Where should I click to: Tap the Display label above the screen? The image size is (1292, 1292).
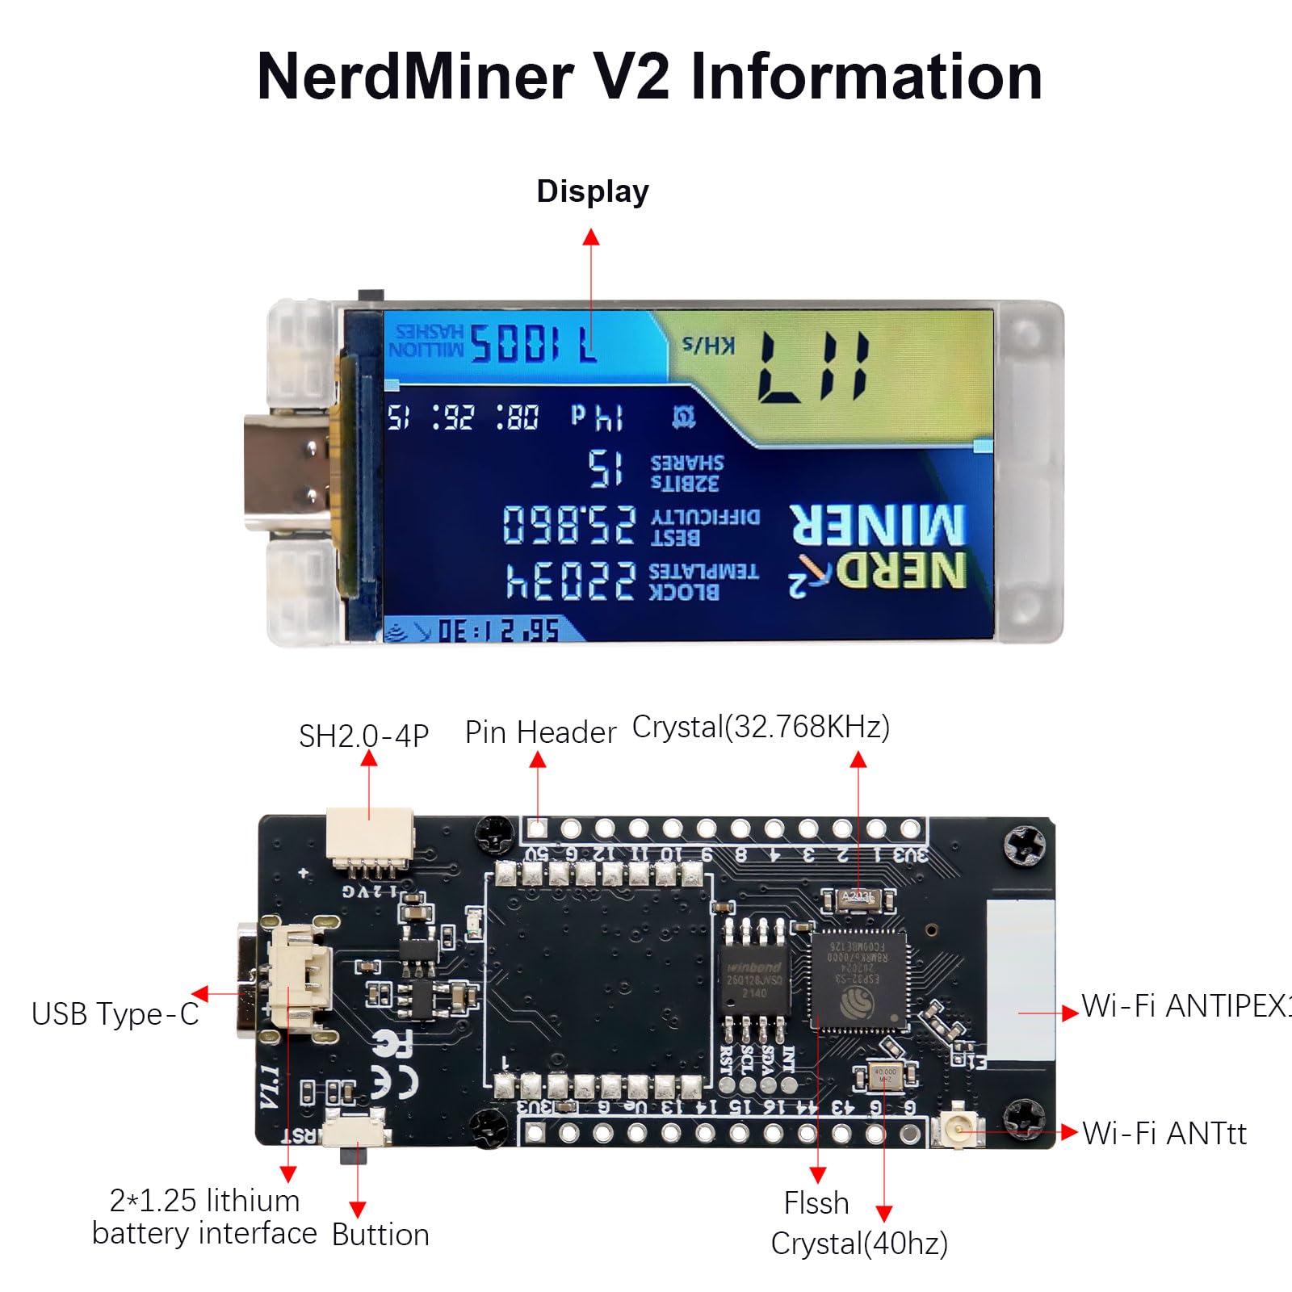pos(593,191)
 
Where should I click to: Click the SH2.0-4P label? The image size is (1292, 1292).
pos(363,736)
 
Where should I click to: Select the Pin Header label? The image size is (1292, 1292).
pos(540,732)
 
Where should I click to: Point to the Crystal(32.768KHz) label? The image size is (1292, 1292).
pos(761,727)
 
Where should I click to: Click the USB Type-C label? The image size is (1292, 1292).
pos(115,1014)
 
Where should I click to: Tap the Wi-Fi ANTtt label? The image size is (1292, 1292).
pos(1164,1133)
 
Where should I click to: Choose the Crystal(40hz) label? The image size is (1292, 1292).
pos(859,1244)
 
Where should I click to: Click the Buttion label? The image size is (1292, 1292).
pos(380,1235)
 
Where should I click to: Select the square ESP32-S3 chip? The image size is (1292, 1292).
pos(858,980)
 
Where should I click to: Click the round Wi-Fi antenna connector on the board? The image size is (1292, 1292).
pos(959,1127)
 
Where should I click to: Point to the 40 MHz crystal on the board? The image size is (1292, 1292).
pos(885,1076)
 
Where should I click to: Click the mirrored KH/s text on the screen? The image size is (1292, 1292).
pos(708,346)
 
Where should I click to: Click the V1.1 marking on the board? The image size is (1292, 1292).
pos(270,1086)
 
